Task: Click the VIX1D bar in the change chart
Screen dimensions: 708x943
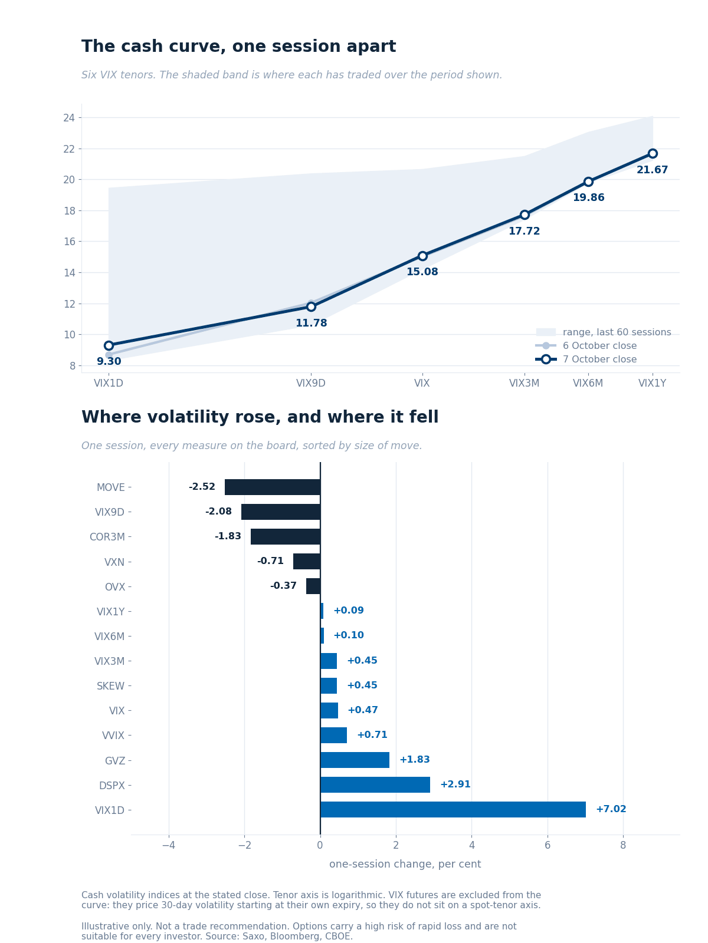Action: tap(453, 809)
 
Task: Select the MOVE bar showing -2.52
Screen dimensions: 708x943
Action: tap(273, 487)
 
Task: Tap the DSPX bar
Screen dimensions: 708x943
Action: tap(375, 784)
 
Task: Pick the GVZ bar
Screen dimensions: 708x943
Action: tap(355, 760)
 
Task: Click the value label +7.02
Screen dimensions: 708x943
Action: tap(611, 809)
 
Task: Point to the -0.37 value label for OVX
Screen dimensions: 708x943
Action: tap(283, 586)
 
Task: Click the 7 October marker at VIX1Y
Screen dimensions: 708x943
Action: tap(653, 153)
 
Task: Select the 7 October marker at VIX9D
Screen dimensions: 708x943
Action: tap(312, 306)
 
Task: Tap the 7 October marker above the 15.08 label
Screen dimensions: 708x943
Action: tap(422, 256)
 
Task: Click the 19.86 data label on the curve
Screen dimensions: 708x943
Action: tap(588, 197)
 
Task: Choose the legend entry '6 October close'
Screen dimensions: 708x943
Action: tap(599, 345)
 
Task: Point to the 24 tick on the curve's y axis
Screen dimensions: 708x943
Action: tap(69, 118)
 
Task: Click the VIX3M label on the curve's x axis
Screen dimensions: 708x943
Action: tap(524, 383)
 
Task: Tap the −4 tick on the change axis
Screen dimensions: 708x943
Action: tap(169, 845)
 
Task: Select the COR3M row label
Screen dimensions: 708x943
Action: tap(107, 537)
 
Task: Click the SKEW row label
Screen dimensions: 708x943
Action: tap(110, 686)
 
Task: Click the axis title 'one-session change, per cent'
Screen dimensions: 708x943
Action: tap(405, 864)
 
